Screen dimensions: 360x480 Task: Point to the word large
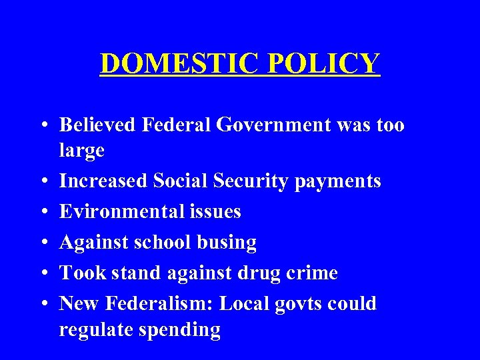point(81,151)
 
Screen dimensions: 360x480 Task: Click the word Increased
point(103,181)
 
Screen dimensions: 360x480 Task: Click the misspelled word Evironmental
point(117,211)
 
